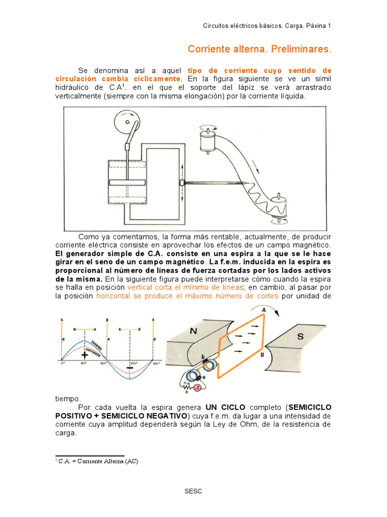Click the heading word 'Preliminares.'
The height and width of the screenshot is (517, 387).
[x=301, y=49]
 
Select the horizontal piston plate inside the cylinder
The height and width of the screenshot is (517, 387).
[x=126, y=182]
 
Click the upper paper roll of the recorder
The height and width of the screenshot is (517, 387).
[x=207, y=140]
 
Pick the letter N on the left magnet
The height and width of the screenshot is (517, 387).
[x=193, y=332]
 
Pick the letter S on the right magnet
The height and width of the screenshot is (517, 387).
[x=300, y=336]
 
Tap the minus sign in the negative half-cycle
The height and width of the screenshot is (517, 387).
[x=130, y=368]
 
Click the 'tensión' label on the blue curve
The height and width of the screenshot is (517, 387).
[x=97, y=341]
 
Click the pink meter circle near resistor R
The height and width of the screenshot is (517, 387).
[x=197, y=388]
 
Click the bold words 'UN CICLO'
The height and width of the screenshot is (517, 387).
[x=225, y=407]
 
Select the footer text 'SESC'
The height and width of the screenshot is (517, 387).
[x=193, y=492]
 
